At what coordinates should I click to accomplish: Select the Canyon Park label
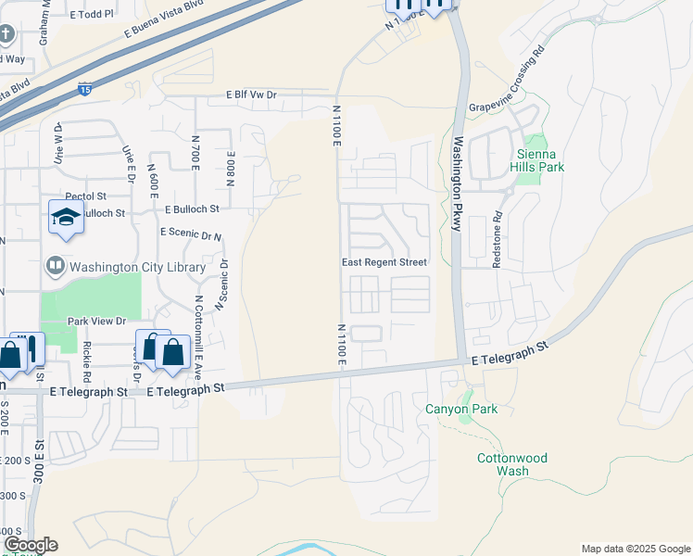[x=461, y=409]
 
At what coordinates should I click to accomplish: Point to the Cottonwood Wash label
[x=511, y=464]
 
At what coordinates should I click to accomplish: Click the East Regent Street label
[x=384, y=262]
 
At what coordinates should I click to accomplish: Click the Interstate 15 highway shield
[x=84, y=91]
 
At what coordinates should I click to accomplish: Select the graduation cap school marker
[x=66, y=218]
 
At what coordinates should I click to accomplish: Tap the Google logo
[x=31, y=544]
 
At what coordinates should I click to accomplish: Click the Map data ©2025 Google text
[x=635, y=549]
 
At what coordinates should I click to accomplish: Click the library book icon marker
[x=54, y=267]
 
